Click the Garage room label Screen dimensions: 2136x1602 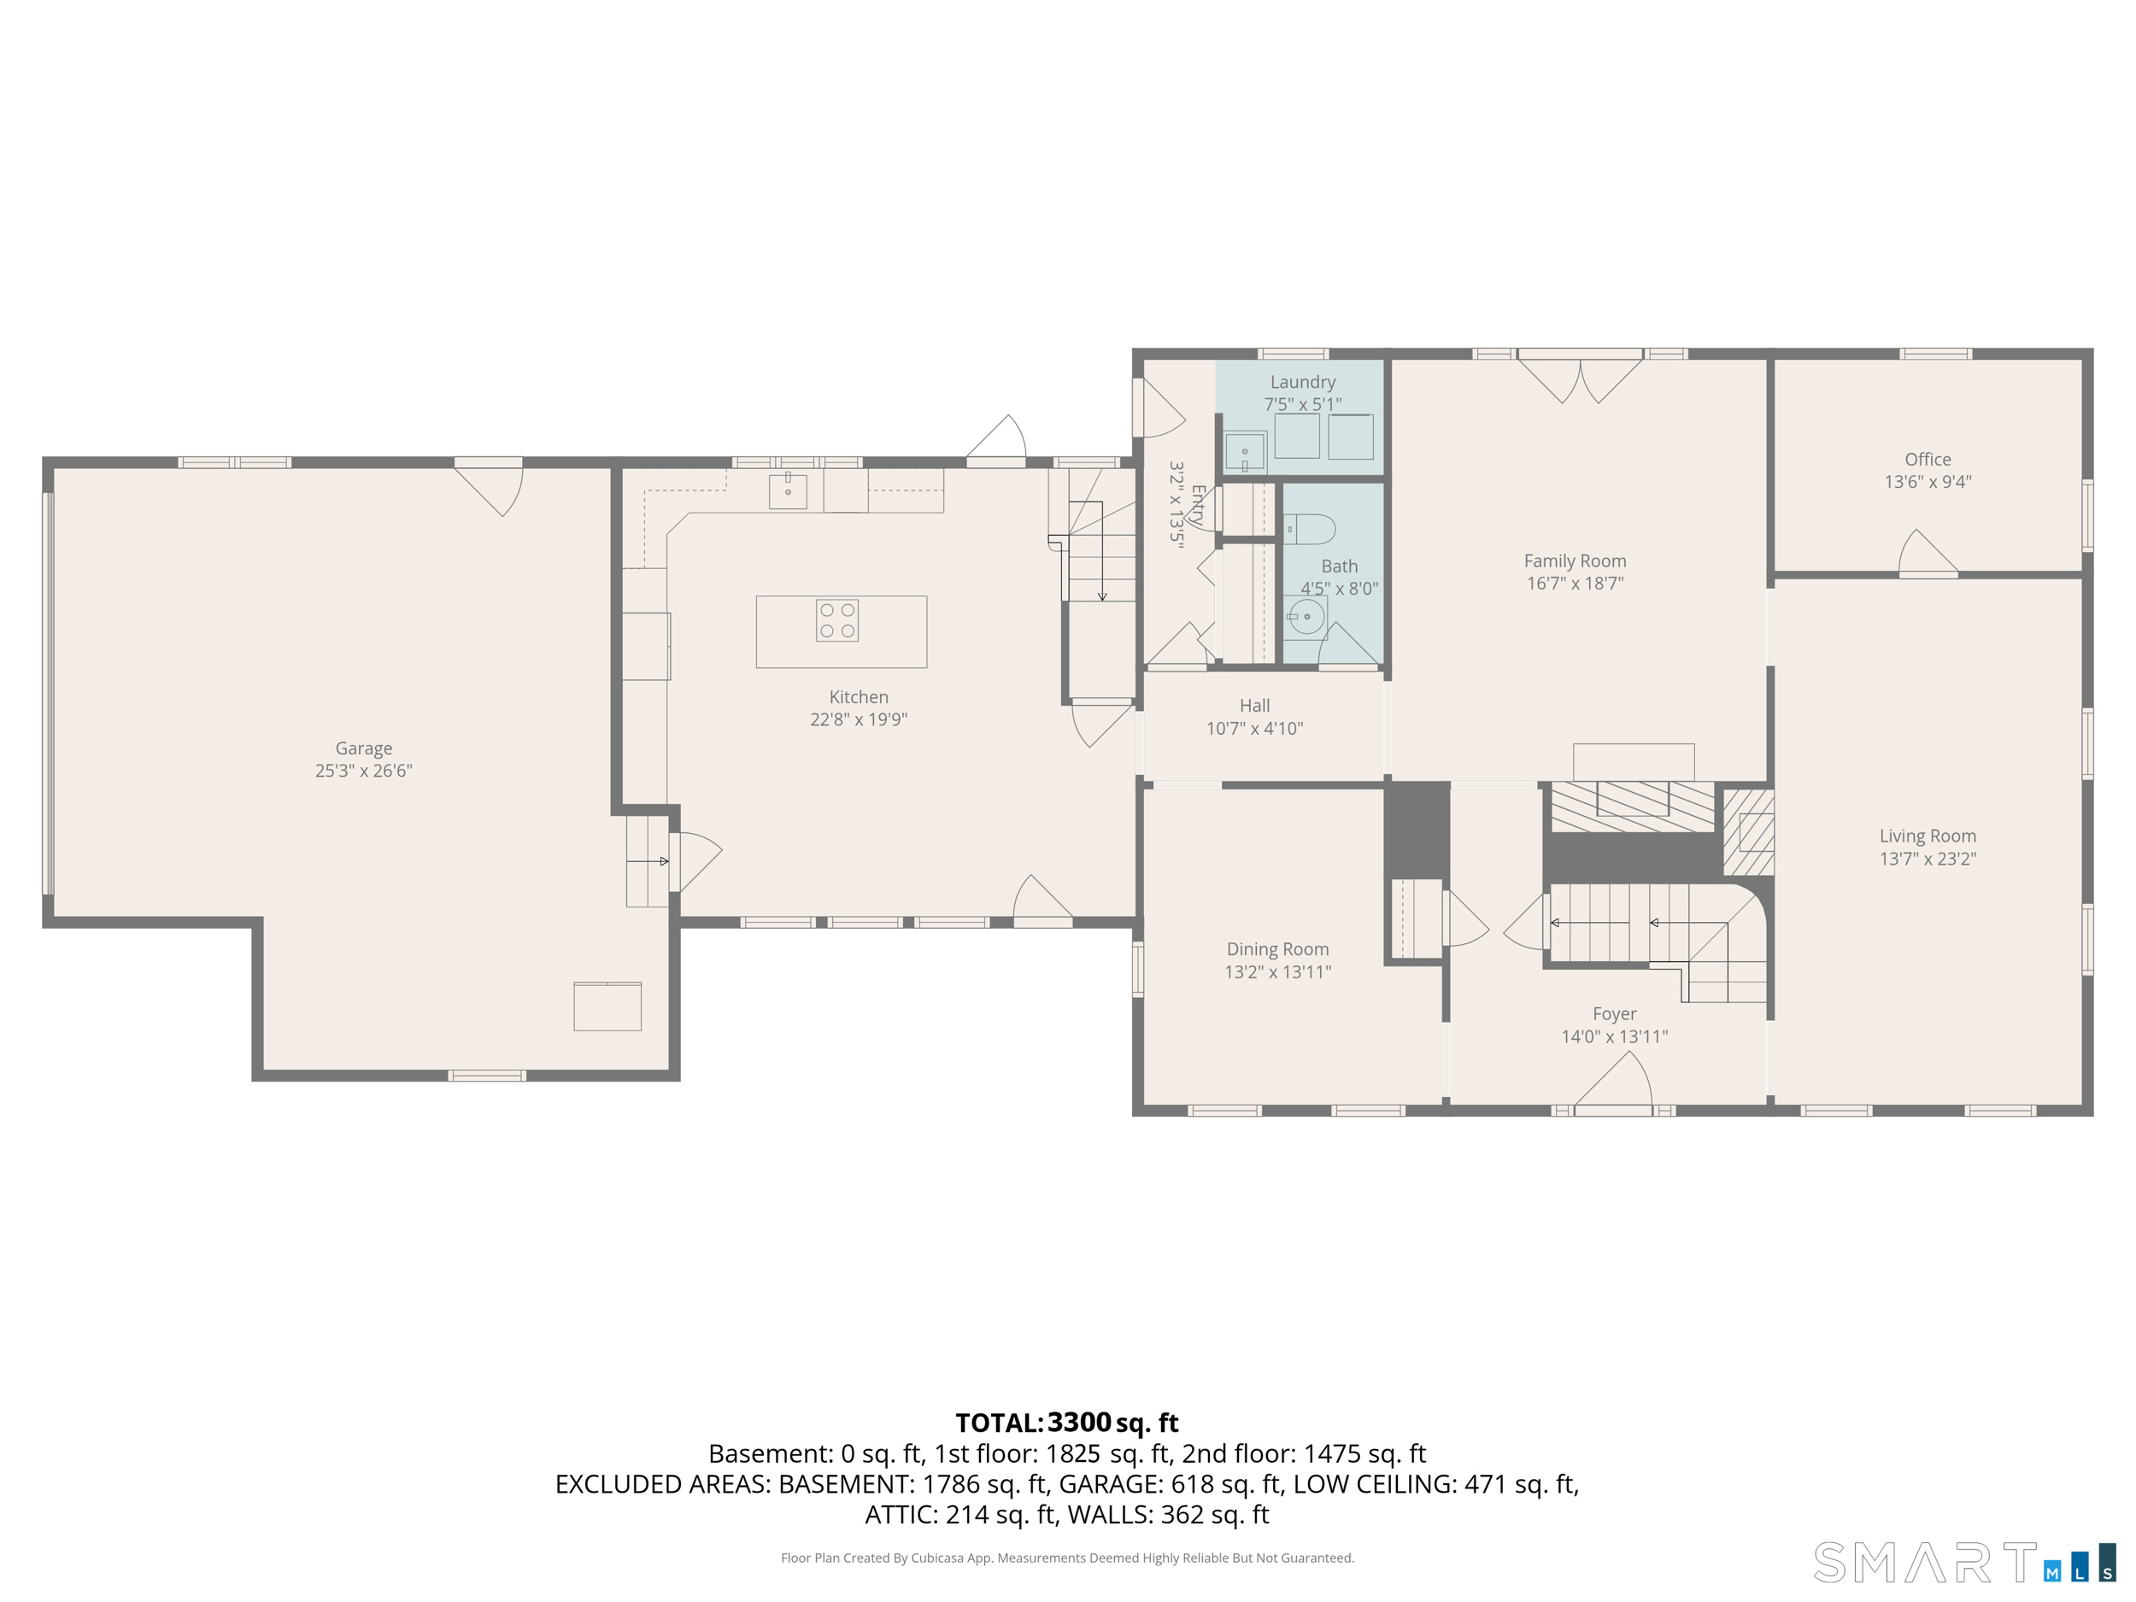tap(364, 748)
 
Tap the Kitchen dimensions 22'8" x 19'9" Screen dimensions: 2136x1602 tap(859, 719)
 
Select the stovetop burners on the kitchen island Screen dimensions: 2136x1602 tap(837, 621)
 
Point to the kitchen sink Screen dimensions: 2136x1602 tap(788, 490)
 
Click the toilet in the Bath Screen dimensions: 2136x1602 tap(1310, 529)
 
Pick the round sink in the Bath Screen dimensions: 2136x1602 tap(1306, 616)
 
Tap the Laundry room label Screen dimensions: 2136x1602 tap(1303, 383)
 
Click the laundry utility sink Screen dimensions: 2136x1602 tap(1246, 452)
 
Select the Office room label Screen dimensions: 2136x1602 tap(1928, 460)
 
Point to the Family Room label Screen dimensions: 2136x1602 tap(1575, 561)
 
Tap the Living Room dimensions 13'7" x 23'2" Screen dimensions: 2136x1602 tap(1928, 859)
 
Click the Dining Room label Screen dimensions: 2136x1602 tap(1277, 949)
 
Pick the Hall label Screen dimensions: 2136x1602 tap(1254, 706)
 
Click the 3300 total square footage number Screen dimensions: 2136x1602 tap(1080, 1423)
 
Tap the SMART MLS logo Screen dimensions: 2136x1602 tap(1964, 1563)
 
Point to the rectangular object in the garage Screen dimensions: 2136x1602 tap(607, 1006)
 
